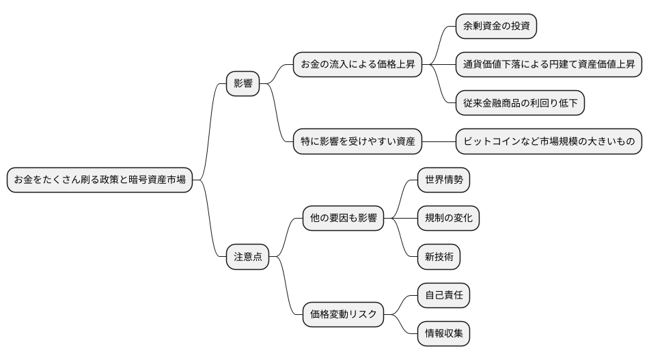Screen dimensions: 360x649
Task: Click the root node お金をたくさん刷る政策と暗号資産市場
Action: pyautogui.click(x=100, y=180)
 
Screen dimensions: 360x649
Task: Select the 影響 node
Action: pyautogui.click(x=243, y=83)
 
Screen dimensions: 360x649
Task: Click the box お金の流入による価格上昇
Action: pyautogui.click(x=357, y=64)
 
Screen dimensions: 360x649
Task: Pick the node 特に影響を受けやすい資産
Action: pyautogui.click(x=357, y=141)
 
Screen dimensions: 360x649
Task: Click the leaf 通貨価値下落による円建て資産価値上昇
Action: pyautogui.click(x=549, y=64)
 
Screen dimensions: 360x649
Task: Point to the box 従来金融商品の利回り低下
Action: pyautogui.click(x=520, y=103)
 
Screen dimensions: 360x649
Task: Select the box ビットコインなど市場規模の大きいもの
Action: pyautogui.click(x=549, y=141)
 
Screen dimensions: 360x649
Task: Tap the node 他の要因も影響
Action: pyautogui.click(x=343, y=219)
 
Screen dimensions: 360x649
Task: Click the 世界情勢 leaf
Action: pyautogui.click(x=443, y=180)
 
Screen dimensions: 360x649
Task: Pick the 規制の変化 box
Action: pyautogui.click(x=448, y=219)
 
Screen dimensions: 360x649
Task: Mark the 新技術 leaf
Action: pyautogui.click(x=439, y=257)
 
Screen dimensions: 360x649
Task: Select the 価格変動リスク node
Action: pyautogui.click(x=343, y=314)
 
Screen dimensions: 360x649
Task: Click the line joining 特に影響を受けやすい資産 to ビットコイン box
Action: pyautogui.click(x=439, y=141)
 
